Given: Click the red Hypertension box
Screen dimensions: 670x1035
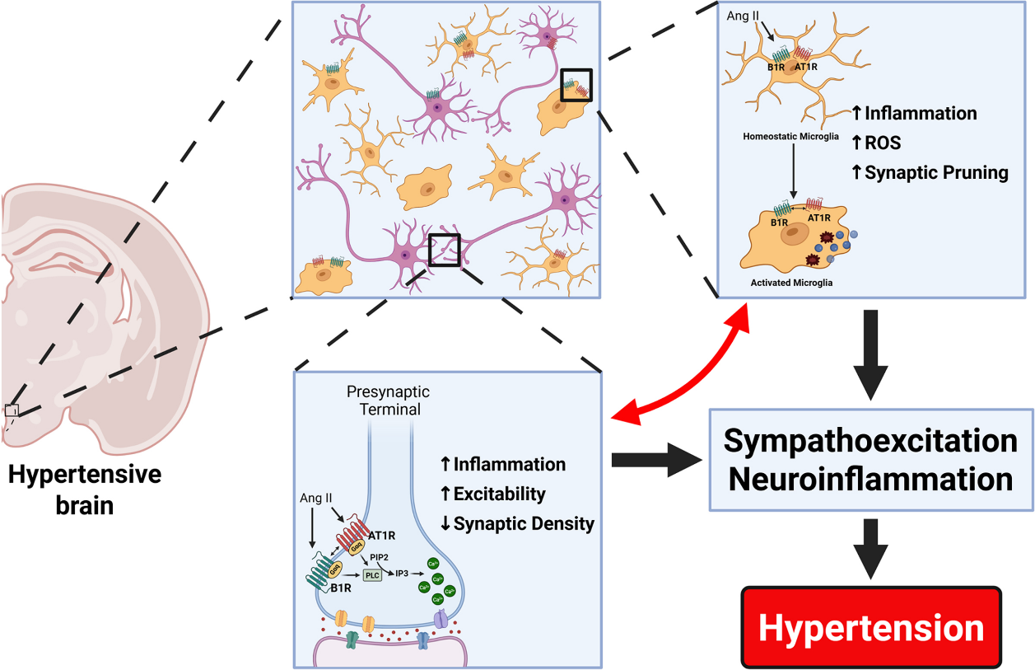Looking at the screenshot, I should pos(871,627).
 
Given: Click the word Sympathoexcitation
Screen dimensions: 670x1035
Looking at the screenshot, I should pos(870,441).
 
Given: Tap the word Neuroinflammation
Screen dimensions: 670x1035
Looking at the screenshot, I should pos(870,479).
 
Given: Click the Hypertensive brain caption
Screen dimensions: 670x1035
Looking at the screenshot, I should pos(85,490).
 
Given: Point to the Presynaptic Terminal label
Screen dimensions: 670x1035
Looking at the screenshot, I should pos(388,401).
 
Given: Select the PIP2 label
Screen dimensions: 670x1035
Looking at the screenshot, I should pos(381,557).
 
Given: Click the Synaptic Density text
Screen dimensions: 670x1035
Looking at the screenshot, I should pos(524,523).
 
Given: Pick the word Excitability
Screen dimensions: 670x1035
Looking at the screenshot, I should pos(499,494).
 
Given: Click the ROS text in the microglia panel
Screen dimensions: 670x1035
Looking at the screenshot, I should pos(883,143).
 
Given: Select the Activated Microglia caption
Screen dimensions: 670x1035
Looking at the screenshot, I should pos(791,283).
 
